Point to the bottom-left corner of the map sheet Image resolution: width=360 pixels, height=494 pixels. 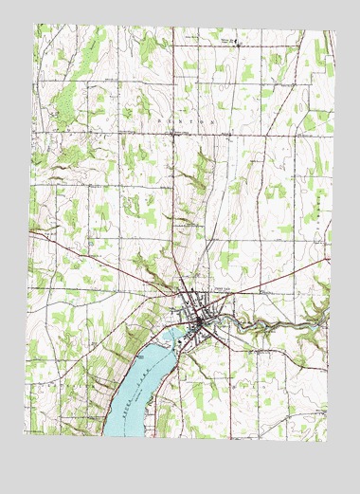coord(27,440)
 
